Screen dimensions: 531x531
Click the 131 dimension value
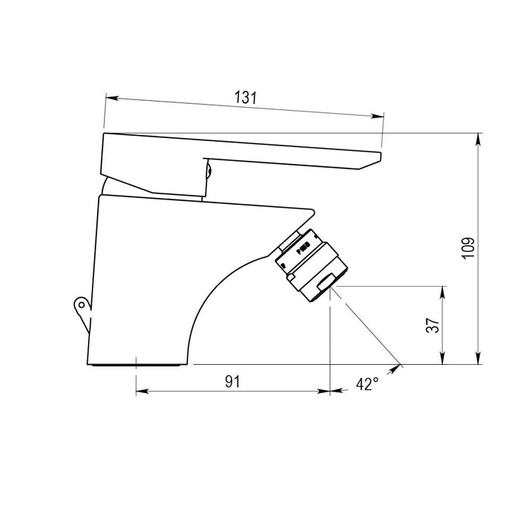246,98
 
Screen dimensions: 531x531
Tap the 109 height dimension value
469,249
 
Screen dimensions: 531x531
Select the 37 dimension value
433,325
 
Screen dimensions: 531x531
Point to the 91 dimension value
232,382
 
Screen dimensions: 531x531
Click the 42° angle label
367,384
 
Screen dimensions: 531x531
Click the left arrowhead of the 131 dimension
112,98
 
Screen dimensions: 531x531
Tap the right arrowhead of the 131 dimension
378,116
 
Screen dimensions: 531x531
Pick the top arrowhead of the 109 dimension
478,140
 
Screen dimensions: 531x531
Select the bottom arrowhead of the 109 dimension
478,358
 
